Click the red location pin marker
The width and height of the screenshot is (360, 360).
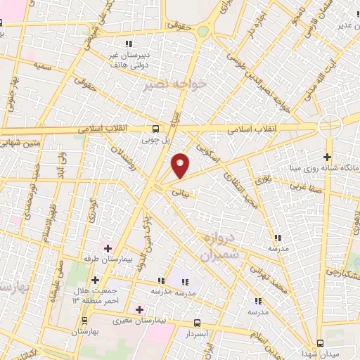pos(181,165)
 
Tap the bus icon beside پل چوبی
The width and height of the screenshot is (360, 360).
pos(155,129)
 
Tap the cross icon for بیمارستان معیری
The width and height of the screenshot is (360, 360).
pos(139,309)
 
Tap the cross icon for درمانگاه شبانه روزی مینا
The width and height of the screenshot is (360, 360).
pos(327,157)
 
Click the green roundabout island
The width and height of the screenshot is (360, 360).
pos(203,31)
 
